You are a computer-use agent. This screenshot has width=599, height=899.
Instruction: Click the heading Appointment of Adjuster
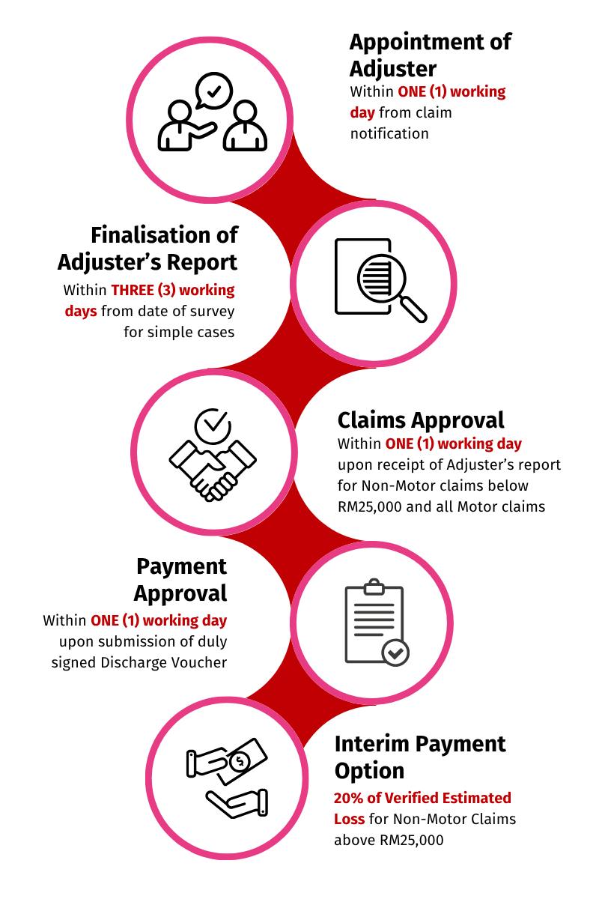(430, 55)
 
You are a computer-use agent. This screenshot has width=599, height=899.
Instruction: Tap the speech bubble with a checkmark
(214, 91)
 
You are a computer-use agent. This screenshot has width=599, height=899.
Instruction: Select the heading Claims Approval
(421, 420)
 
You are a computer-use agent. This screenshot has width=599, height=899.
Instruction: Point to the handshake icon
(213, 470)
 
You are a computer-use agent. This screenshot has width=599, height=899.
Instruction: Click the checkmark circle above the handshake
(213, 426)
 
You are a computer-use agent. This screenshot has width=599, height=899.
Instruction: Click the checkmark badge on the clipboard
(395, 653)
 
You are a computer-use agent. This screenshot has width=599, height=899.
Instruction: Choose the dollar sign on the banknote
(240, 761)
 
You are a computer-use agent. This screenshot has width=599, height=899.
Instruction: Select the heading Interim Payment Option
(420, 757)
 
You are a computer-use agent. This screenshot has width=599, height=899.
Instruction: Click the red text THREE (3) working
(173, 290)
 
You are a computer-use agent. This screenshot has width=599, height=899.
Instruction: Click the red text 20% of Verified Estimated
(422, 798)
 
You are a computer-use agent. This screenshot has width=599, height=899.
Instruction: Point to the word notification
(389, 133)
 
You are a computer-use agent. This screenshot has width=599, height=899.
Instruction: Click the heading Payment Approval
(181, 580)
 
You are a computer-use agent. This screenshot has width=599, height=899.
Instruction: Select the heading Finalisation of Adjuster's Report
(148, 249)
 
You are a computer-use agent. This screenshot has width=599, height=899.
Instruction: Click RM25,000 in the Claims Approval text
(370, 507)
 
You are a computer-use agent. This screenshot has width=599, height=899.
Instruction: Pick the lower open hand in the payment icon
(237, 803)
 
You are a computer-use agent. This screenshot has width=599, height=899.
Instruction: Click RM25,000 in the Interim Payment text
(412, 840)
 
